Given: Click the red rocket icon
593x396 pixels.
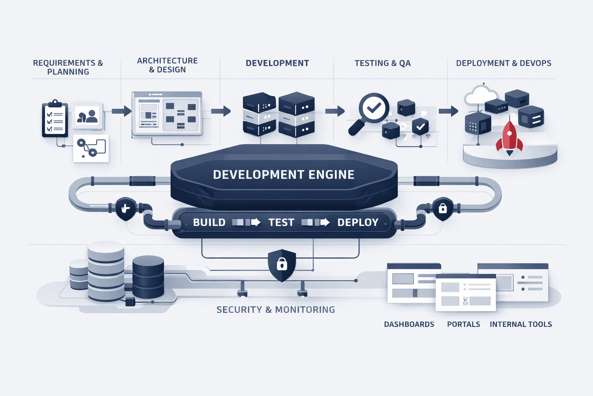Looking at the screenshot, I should pyautogui.click(x=509, y=137).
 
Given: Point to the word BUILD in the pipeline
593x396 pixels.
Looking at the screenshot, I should pyautogui.click(x=209, y=222).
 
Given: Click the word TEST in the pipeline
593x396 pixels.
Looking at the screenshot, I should pyautogui.click(x=281, y=222).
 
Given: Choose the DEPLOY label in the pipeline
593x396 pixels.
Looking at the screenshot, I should pyautogui.click(x=357, y=222).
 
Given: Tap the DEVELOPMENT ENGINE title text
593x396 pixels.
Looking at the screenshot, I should pyautogui.click(x=283, y=175).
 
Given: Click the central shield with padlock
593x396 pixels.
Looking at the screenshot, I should pyautogui.click(x=282, y=265).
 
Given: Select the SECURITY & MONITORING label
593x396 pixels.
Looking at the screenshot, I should pyautogui.click(x=275, y=309).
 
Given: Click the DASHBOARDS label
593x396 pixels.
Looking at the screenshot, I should pyautogui.click(x=409, y=324).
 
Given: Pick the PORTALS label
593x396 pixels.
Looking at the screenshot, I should pyautogui.click(x=463, y=324).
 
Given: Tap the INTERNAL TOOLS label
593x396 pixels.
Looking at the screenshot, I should pyautogui.click(x=520, y=324).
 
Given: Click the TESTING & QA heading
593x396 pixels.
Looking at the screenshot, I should pyautogui.click(x=382, y=63).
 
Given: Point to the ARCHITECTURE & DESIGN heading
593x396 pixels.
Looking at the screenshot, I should pyautogui.click(x=167, y=65).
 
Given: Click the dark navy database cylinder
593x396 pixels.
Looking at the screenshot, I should pyautogui.click(x=148, y=277).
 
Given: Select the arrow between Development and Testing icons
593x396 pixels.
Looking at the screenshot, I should pyautogui.click(x=334, y=111).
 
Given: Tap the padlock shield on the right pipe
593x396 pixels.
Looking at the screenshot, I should pyautogui.click(x=442, y=209).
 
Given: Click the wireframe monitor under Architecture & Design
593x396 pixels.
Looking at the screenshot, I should pyautogui.click(x=167, y=114).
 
